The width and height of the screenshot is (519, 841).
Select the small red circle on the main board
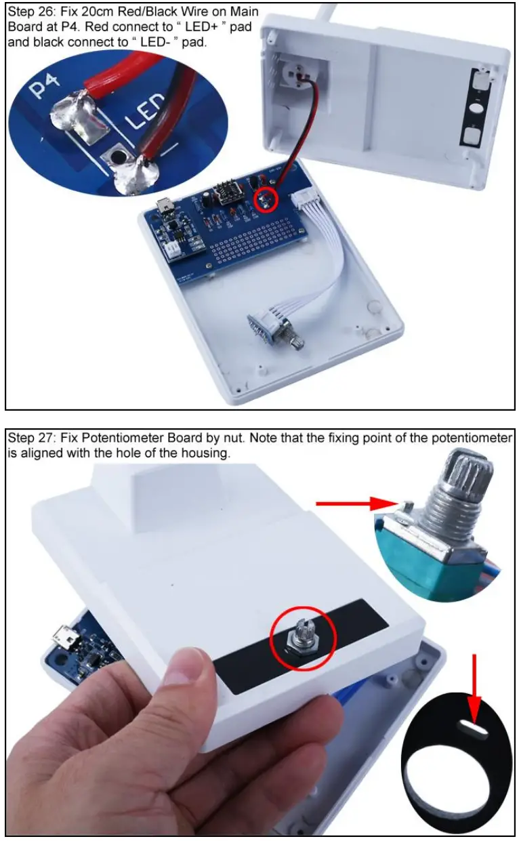coord(264,198)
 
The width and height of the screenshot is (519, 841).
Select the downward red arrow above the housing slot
coord(474,684)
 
